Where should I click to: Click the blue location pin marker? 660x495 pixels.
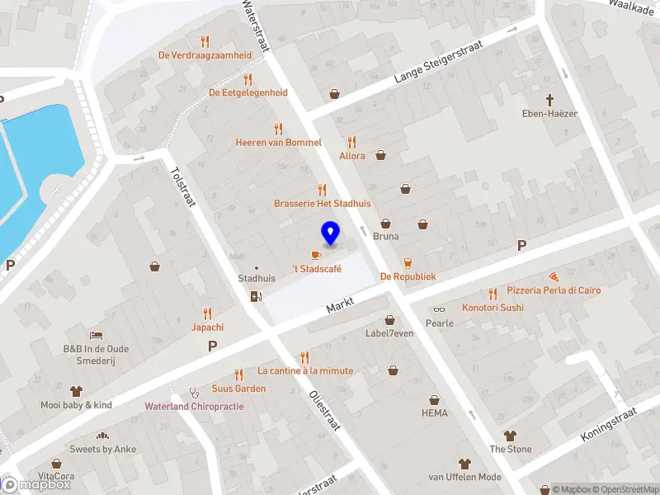[331, 233]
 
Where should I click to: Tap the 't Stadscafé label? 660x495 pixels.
[317, 269]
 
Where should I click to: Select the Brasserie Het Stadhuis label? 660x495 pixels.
[323, 203]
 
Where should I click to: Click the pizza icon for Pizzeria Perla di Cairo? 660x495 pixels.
[553, 277]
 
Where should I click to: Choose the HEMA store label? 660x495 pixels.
[435, 412]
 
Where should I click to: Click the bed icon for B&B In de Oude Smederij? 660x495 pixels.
[97, 335]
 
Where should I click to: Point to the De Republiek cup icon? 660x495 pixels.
[408, 262]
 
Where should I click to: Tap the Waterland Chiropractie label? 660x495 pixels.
[194, 406]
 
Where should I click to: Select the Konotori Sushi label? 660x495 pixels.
[493, 308]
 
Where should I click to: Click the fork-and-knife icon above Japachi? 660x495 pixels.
[207, 313]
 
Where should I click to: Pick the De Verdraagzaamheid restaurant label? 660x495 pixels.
[205, 55]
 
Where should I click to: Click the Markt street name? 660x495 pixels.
[340, 306]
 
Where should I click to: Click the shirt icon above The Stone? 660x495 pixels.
[510, 435]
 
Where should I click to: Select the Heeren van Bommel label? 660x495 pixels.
[278, 143]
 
